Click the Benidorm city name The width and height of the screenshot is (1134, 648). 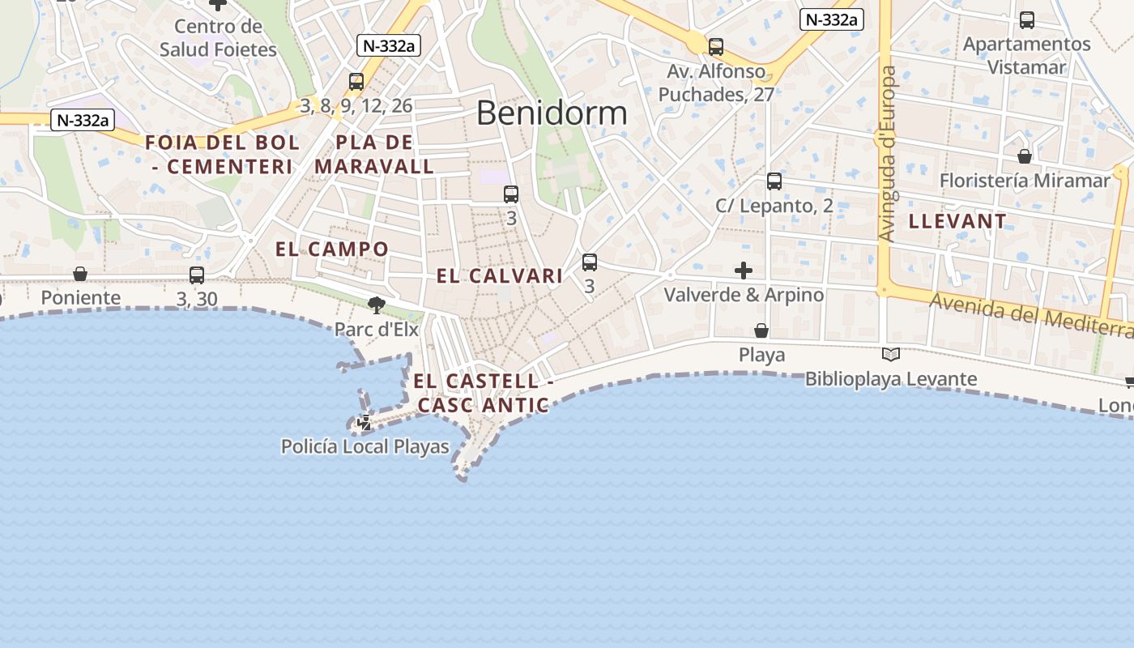552,113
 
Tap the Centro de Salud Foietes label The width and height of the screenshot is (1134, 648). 218,38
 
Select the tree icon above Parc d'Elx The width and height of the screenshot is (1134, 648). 376,305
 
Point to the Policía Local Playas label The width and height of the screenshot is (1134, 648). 364,446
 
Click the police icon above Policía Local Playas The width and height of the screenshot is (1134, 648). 364,422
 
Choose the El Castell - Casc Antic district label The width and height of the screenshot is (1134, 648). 483,393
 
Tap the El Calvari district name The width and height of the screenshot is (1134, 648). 499,276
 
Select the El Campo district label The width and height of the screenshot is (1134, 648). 332,249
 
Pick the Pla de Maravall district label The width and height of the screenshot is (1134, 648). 374,155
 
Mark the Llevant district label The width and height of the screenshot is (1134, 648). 957,221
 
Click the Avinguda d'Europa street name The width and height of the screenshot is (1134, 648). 889,154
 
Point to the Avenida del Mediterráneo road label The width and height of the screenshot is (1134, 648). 1030,316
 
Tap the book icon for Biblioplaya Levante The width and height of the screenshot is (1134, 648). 891,354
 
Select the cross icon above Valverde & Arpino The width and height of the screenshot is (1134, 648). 744,271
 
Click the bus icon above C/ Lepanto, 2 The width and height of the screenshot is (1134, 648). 774,181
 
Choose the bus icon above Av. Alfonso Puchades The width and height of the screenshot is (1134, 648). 716,47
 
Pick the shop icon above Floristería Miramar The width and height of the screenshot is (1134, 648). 1025,156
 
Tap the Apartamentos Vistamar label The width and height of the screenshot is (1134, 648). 1026,55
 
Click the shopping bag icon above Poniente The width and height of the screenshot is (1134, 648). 80,274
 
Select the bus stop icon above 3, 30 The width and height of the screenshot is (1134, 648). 197,275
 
